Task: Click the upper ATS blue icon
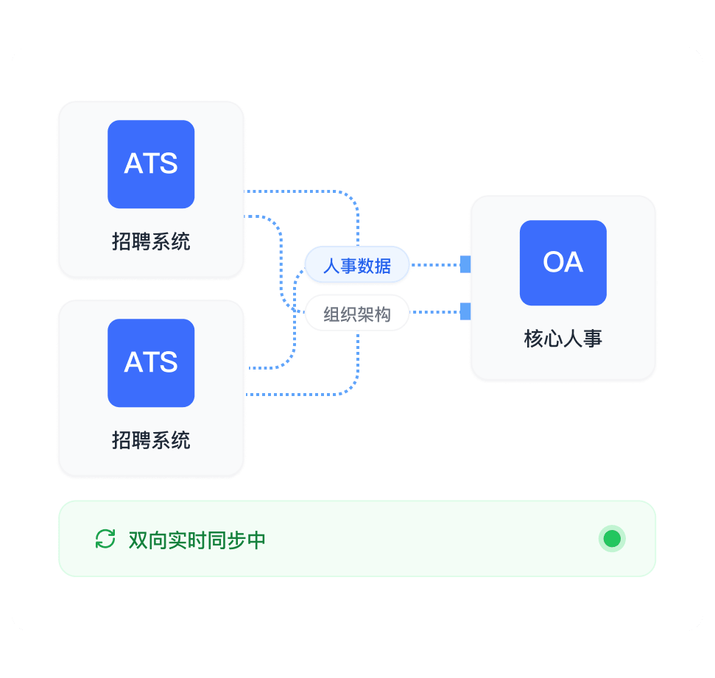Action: point(151,164)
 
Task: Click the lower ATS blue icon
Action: point(151,363)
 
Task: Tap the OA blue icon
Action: point(563,263)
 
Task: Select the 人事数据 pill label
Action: point(357,265)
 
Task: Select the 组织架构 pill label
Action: point(357,314)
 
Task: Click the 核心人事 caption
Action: point(563,339)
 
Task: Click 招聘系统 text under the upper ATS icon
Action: point(151,241)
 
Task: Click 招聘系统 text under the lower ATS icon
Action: point(151,440)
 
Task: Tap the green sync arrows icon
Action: point(105,539)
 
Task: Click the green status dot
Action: point(612,538)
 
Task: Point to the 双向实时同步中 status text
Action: point(197,540)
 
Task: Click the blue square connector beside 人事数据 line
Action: point(465,264)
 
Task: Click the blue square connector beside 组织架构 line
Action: point(465,312)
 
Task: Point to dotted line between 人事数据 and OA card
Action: point(435,264)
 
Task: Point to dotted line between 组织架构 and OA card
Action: point(435,312)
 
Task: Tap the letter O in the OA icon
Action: point(553,262)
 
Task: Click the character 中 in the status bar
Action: point(256,540)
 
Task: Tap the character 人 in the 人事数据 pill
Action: point(331,266)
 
